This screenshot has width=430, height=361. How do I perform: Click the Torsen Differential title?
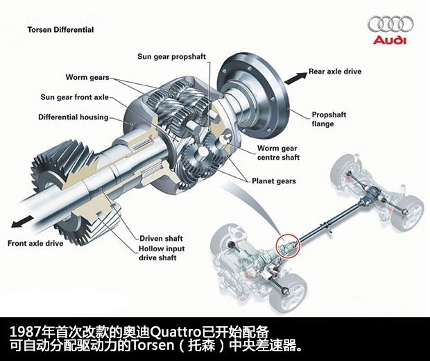(x=60, y=30)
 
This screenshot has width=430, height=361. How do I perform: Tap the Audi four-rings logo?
(x=390, y=24)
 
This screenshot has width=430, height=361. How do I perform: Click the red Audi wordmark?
(x=390, y=40)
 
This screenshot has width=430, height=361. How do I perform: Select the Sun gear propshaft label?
(x=170, y=56)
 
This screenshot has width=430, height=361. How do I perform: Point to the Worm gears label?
(x=87, y=77)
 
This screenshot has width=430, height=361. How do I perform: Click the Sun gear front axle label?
(x=75, y=97)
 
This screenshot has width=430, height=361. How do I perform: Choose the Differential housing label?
(x=74, y=117)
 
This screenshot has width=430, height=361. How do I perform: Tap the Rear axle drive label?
(x=335, y=71)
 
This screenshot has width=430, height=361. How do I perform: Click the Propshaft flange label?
(x=329, y=119)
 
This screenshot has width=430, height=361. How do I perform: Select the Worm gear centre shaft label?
(x=277, y=153)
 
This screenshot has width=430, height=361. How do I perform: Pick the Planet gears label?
(x=273, y=181)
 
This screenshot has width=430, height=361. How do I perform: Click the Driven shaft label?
(x=164, y=238)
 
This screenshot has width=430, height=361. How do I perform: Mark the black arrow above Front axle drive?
(x=19, y=224)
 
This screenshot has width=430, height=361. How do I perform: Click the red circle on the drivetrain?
(x=286, y=245)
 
